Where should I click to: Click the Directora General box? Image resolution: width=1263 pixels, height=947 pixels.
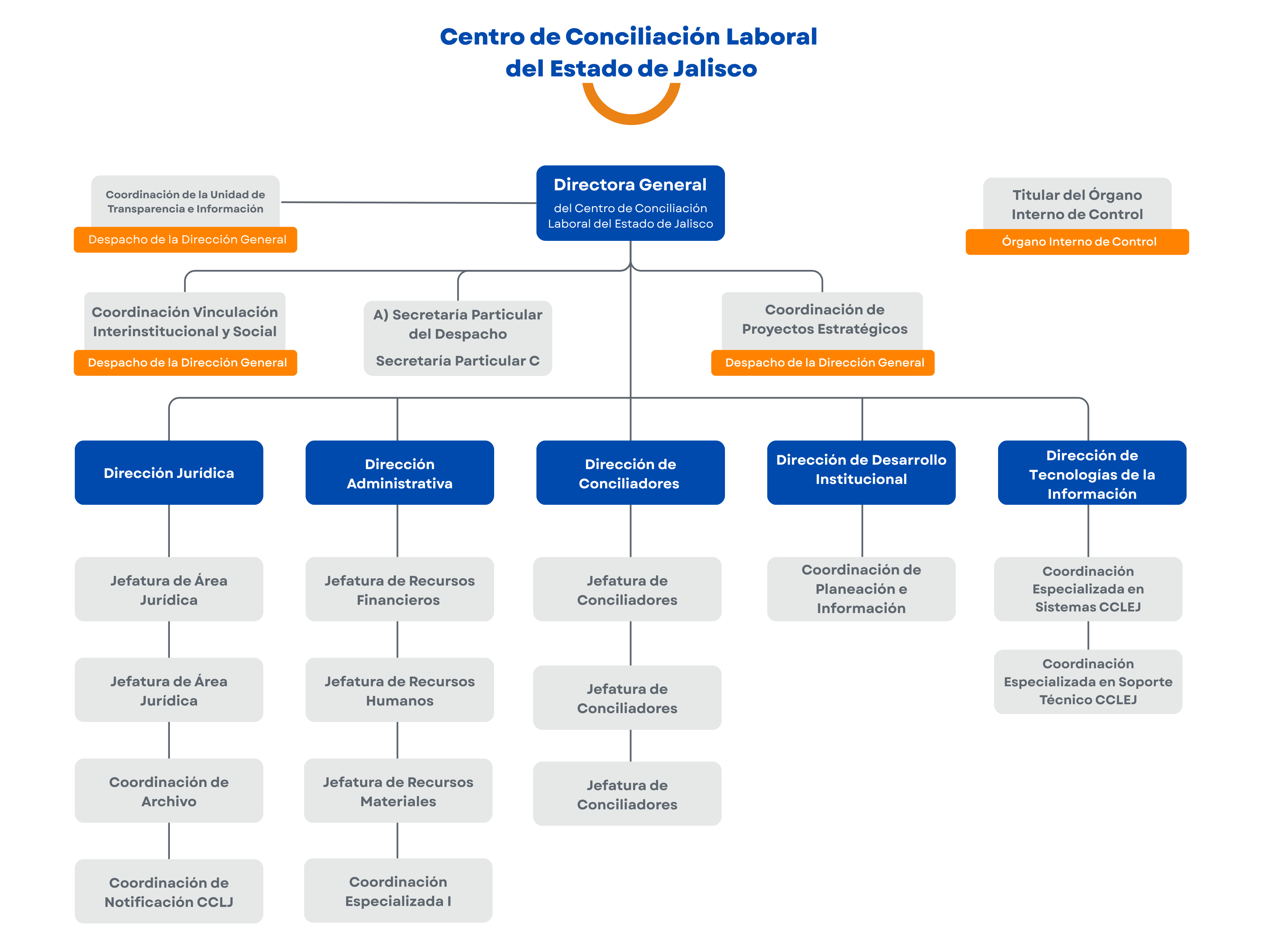[x=630, y=203]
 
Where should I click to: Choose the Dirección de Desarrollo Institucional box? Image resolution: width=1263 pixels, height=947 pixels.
[x=861, y=473]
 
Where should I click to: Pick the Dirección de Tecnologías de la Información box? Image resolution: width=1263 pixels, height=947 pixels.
[x=1092, y=473]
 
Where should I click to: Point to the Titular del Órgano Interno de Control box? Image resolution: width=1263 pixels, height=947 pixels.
[x=1077, y=204]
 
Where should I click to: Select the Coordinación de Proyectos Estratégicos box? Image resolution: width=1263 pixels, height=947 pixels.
[x=823, y=320]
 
